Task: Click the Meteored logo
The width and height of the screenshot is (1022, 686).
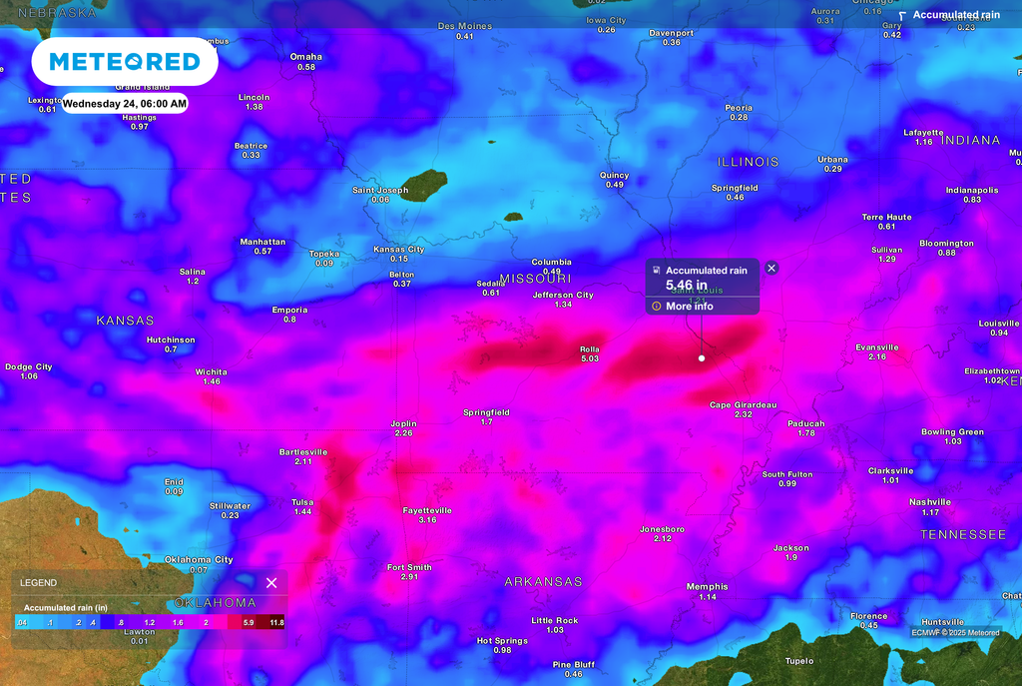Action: (125, 62)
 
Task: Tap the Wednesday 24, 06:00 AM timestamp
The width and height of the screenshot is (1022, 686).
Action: (125, 103)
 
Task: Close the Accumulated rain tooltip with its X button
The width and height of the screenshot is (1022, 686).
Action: (770, 268)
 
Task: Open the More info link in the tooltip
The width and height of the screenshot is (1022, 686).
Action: (689, 306)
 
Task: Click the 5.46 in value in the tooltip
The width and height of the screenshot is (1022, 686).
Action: (686, 286)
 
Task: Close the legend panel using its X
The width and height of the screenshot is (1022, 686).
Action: (271, 582)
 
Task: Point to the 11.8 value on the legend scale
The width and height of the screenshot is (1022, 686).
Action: (276, 622)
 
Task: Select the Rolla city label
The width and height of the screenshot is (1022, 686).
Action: (590, 349)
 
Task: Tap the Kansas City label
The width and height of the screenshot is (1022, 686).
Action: (398, 250)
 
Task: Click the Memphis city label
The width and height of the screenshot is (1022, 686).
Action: (707, 586)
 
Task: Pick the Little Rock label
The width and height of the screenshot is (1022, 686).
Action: (555, 620)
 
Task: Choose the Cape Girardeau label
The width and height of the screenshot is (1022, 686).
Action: (743, 404)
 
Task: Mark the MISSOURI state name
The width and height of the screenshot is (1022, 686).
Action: (535, 278)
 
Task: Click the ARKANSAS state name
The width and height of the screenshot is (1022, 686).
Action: (543, 581)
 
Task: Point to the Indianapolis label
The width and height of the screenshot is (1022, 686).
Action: (971, 190)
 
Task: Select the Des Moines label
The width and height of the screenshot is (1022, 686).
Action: (465, 26)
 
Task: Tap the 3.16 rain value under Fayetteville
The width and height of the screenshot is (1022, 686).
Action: (427, 520)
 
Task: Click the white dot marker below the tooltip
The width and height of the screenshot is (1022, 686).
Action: (702, 357)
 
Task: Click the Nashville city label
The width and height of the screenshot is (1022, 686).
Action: (930, 502)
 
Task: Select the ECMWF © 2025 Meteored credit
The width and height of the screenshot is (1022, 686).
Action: (956, 632)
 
